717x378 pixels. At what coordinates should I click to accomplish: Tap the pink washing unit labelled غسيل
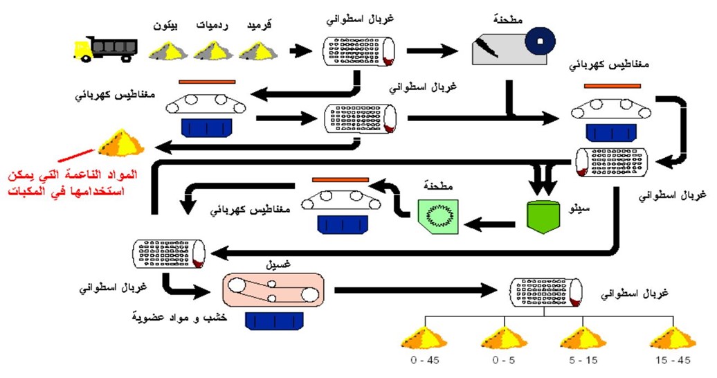coord(273,290)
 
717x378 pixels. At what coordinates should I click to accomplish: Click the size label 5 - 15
coord(583,360)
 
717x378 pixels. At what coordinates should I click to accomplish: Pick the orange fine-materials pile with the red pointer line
coord(122,143)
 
